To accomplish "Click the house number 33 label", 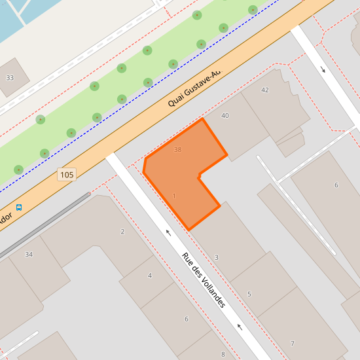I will click(x=9, y=78).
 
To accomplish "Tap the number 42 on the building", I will click(x=265, y=90).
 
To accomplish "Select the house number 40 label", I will click(x=225, y=116).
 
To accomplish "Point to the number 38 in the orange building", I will click(x=177, y=150).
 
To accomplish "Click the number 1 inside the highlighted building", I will click(x=174, y=196).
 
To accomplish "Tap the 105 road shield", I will click(x=67, y=175).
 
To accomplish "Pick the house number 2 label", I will click(x=122, y=232).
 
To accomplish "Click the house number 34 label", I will click(x=29, y=255).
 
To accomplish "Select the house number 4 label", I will click(x=150, y=276).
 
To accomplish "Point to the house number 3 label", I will click(x=217, y=258).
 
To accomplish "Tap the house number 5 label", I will click(x=249, y=295).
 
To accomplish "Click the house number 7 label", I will click(x=293, y=344).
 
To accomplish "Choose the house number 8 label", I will click(x=223, y=355).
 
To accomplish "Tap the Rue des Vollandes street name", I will click(x=204, y=280).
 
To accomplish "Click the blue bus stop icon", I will click(x=19, y=207).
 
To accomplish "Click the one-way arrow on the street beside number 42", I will click(x=323, y=69).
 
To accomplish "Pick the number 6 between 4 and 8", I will click(x=187, y=319).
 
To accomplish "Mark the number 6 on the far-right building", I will click(x=336, y=185).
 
